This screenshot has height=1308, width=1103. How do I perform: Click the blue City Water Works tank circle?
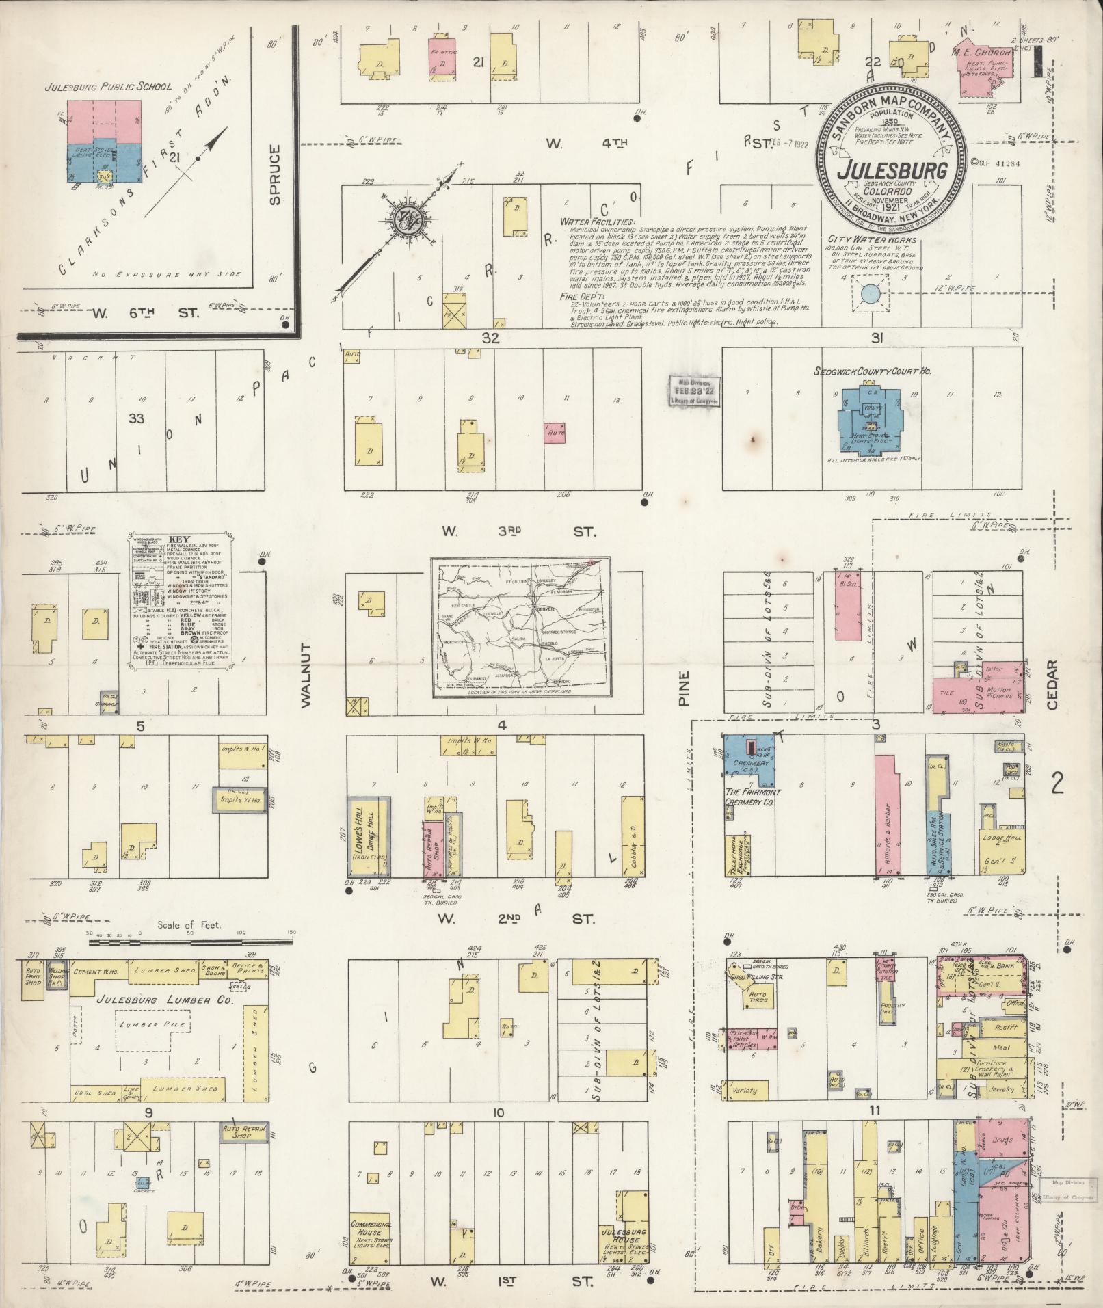[870, 295]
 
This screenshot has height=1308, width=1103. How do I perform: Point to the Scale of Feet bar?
[191, 942]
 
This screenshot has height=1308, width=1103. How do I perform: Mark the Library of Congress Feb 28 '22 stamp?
[694, 390]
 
